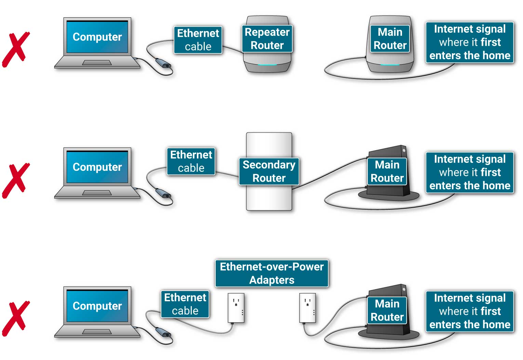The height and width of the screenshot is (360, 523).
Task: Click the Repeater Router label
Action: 267,39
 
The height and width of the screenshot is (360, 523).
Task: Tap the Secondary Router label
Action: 269,171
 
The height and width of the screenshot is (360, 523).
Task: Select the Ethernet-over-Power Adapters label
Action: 271,273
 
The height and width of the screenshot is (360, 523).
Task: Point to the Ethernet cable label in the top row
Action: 198,40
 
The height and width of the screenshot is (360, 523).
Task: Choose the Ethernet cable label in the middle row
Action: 191,161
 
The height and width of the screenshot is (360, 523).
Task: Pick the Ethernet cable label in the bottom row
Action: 185,304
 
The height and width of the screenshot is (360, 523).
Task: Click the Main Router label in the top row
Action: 390,39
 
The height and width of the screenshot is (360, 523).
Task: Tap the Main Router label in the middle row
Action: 387,171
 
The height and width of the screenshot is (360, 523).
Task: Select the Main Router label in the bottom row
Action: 387,310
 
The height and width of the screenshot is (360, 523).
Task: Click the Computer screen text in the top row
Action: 97,37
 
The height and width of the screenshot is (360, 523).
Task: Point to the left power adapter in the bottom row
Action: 236,308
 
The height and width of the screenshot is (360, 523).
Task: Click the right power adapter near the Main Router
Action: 307,308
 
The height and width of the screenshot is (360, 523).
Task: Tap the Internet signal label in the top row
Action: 470,42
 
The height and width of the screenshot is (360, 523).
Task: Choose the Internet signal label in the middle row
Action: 470,172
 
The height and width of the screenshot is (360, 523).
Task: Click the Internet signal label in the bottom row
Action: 470,311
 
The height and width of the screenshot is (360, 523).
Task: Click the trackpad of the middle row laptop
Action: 97,193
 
